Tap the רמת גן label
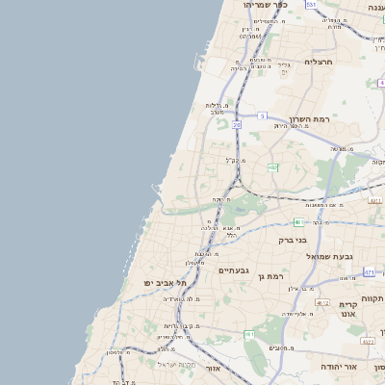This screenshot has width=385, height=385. (x=275, y=275)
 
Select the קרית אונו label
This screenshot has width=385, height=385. (x=347, y=309)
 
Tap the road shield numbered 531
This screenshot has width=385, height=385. (x=311, y=5)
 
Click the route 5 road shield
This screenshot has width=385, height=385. (x=261, y=115)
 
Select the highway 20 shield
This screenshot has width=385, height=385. (x=237, y=125)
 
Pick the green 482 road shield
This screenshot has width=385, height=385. (x=273, y=167)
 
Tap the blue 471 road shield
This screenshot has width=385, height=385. (x=370, y=272)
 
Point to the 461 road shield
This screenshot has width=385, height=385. (x=249, y=334)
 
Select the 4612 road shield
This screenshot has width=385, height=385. (x=322, y=302)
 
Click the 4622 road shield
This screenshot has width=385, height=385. (x=368, y=341)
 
